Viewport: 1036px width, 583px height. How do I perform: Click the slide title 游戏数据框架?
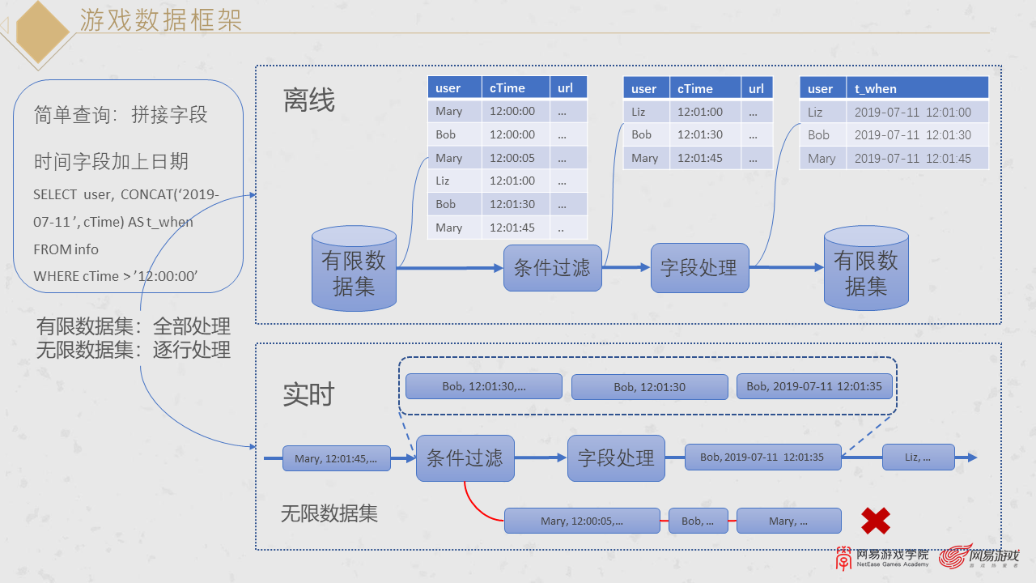[x=160, y=20]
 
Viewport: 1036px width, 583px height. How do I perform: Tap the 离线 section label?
[x=308, y=100]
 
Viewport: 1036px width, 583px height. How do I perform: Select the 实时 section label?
[x=308, y=394]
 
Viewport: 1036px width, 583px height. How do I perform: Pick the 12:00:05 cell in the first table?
[x=512, y=158]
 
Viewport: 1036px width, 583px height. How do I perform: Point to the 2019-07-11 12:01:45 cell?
[x=912, y=159]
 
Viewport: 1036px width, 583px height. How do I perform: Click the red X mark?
[x=875, y=521]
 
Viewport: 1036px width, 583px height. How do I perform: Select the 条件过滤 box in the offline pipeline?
[x=552, y=268]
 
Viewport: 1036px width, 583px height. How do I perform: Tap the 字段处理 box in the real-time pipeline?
[x=616, y=458]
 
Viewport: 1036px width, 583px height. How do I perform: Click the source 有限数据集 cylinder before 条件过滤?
[x=354, y=269]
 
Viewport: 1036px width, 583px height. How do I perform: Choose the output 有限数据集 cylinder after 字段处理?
[x=866, y=269]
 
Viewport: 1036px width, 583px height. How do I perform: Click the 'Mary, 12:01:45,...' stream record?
[x=336, y=458]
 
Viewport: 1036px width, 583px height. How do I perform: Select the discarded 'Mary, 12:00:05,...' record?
[x=582, y=521]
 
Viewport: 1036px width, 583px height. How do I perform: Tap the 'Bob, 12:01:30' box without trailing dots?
[x=649, y=387]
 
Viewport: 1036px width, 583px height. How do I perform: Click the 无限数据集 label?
[x=329, y=513]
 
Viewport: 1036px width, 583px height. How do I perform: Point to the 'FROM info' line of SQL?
[x=66, y=249]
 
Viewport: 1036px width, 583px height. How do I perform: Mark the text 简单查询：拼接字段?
[x=121, y=115]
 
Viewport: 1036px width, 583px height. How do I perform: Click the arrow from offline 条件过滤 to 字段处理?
[x=626, y=268]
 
